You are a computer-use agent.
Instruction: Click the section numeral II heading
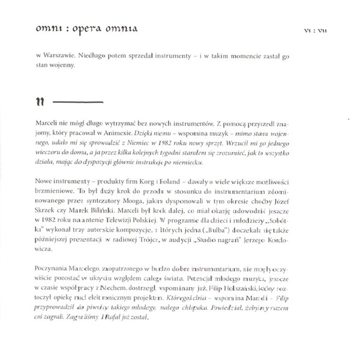tap(40, 100)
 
